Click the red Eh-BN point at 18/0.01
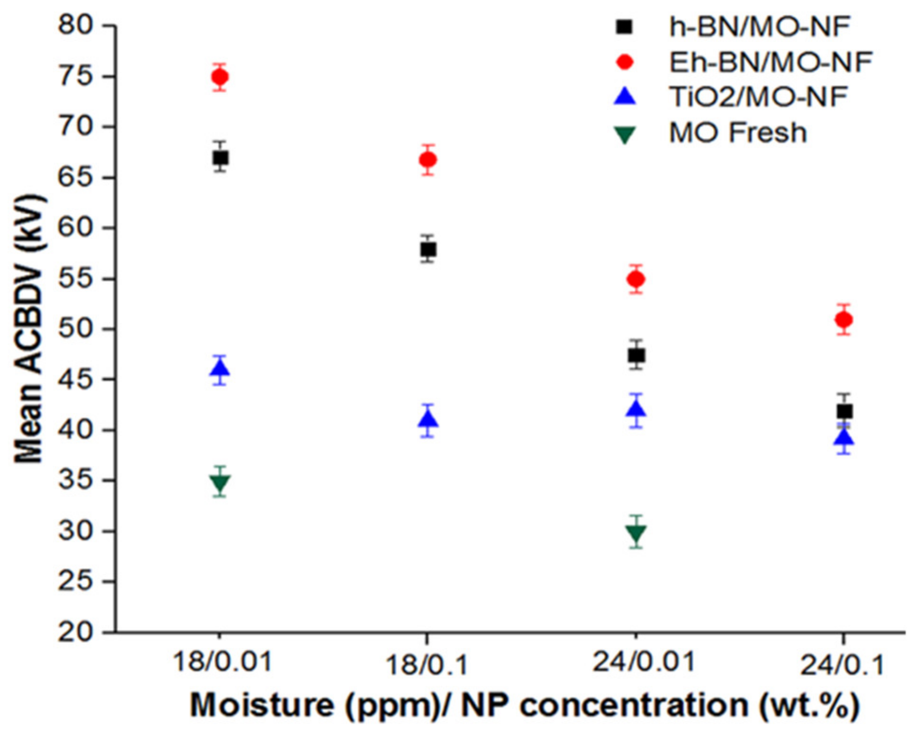pyautogui.click(x=220, y=76)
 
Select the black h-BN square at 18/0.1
pyautogui.click(x=428, y=249)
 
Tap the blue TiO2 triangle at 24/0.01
pyautogui.click(x=636, y=409)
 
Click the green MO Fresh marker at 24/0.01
pyautogui.click(x=636, y=533)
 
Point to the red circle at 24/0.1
pyautogui.click(x=844, y=320)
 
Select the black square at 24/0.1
pyautogui.click(x=844, y=411)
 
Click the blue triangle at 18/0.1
pyautogui.click(x=428, y=420)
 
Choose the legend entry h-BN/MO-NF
pyautogui.click(x=758, y=27)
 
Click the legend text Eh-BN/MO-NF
pyautogui.click(x=770, y=62)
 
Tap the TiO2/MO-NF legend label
pyautogui.click(x=758, y=97)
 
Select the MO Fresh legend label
pyautogui.click(x=737, y=133)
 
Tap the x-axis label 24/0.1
pyautogui.click(x=842, y=666)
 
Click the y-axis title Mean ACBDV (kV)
pyautogui.click(x=29, y=329)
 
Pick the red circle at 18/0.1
pyautogui.click(x=428, y=160)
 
